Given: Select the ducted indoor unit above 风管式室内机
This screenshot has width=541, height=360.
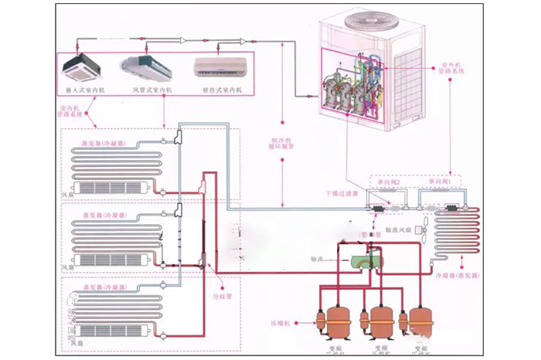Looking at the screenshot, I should pos(147,68).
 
